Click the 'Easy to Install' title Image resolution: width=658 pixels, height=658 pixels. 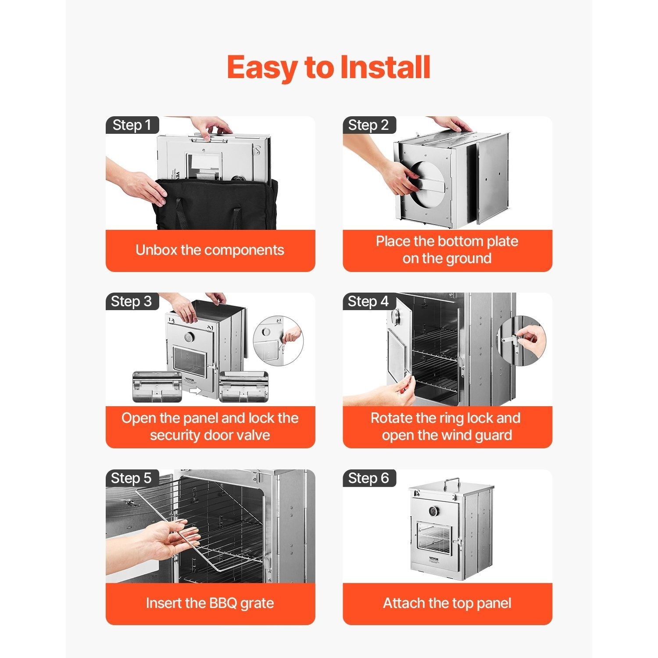[329, 68]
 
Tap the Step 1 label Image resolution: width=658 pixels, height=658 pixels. [132, 125]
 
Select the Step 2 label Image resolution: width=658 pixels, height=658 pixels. [369, 125]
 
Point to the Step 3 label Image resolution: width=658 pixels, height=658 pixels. [132, 301]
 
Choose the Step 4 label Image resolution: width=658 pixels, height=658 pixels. [369, 301]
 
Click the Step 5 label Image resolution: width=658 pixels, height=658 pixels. [132, 478]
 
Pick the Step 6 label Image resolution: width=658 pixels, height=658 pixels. [369, 478]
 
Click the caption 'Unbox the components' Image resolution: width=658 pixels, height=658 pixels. [210, 250]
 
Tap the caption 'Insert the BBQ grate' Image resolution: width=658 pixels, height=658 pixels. [210, 603]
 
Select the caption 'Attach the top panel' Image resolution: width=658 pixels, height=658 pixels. [447, 603]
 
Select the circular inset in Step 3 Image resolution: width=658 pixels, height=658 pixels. [278, 341]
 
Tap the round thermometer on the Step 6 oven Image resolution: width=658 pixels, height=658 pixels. [434, 512]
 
